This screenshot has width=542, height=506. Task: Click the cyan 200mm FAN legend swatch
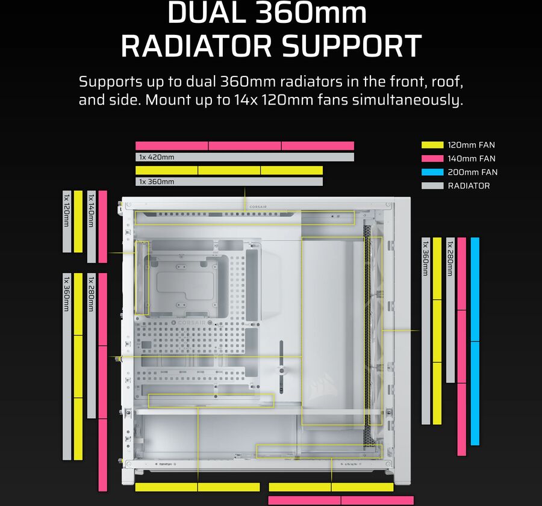432,172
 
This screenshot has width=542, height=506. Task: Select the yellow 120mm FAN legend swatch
432,145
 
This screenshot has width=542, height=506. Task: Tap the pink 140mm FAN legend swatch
432,158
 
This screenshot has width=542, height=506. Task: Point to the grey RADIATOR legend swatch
432,186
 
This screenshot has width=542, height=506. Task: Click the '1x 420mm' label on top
157,157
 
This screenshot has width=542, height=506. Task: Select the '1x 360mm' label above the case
157,182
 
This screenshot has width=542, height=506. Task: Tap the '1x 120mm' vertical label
66,211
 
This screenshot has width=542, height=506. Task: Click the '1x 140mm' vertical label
91,211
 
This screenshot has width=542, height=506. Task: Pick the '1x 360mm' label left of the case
66,294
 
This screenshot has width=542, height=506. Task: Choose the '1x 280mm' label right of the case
450,259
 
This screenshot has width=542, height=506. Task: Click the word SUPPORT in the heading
352,46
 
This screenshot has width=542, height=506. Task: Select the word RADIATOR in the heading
196,46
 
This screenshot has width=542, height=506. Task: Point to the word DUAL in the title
207,13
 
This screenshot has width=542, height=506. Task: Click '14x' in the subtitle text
245,100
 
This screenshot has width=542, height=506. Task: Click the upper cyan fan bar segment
475,289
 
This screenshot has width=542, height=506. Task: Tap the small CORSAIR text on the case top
258,207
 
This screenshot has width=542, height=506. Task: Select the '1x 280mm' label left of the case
91,294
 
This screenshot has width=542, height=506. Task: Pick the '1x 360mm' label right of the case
425,259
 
